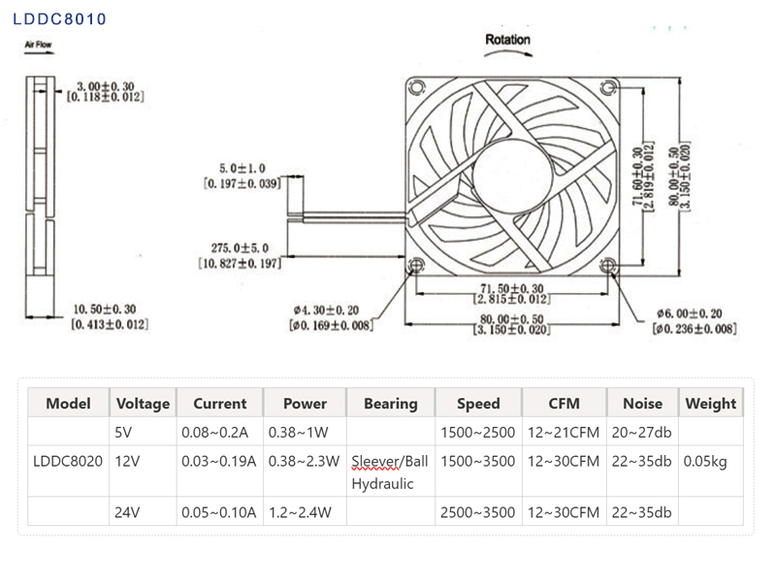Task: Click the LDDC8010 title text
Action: point(60,19)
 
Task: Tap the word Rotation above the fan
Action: point(507,40)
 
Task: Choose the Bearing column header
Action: point(390,404)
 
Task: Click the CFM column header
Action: point(564,404)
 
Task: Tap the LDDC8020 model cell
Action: point(68,461)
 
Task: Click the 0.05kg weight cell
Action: point(705,461)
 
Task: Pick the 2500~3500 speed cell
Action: point(477,511)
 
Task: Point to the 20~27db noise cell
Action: point(641,432)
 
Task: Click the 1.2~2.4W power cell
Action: point(305,511)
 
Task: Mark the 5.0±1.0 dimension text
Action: point(242,168)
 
